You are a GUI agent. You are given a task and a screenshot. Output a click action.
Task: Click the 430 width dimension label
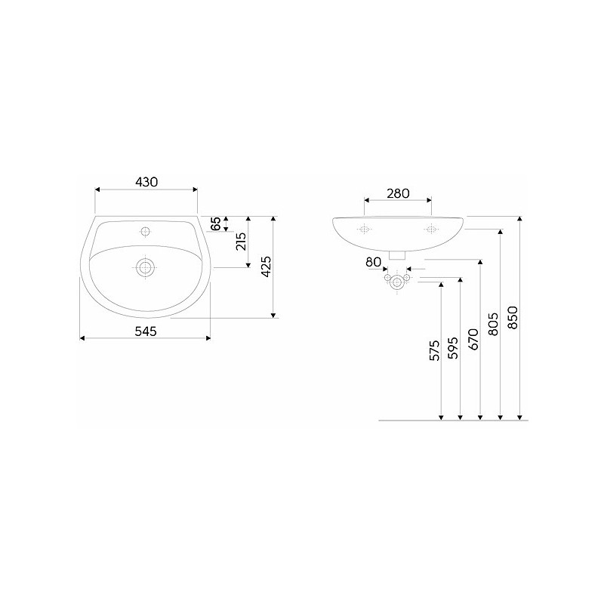146,182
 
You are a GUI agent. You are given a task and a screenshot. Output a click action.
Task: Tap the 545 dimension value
146,331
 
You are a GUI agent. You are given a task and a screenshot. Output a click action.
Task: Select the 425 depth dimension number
267,267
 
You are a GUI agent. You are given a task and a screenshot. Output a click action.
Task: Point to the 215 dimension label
241,242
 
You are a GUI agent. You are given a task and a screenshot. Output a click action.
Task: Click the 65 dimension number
216,223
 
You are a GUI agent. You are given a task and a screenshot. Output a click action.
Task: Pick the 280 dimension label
398,193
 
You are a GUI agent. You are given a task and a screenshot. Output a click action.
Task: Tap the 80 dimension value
373,262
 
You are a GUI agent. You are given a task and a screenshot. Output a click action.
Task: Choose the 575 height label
435,350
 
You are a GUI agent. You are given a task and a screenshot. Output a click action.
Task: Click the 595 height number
454,348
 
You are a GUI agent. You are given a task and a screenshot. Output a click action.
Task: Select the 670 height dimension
473,339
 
